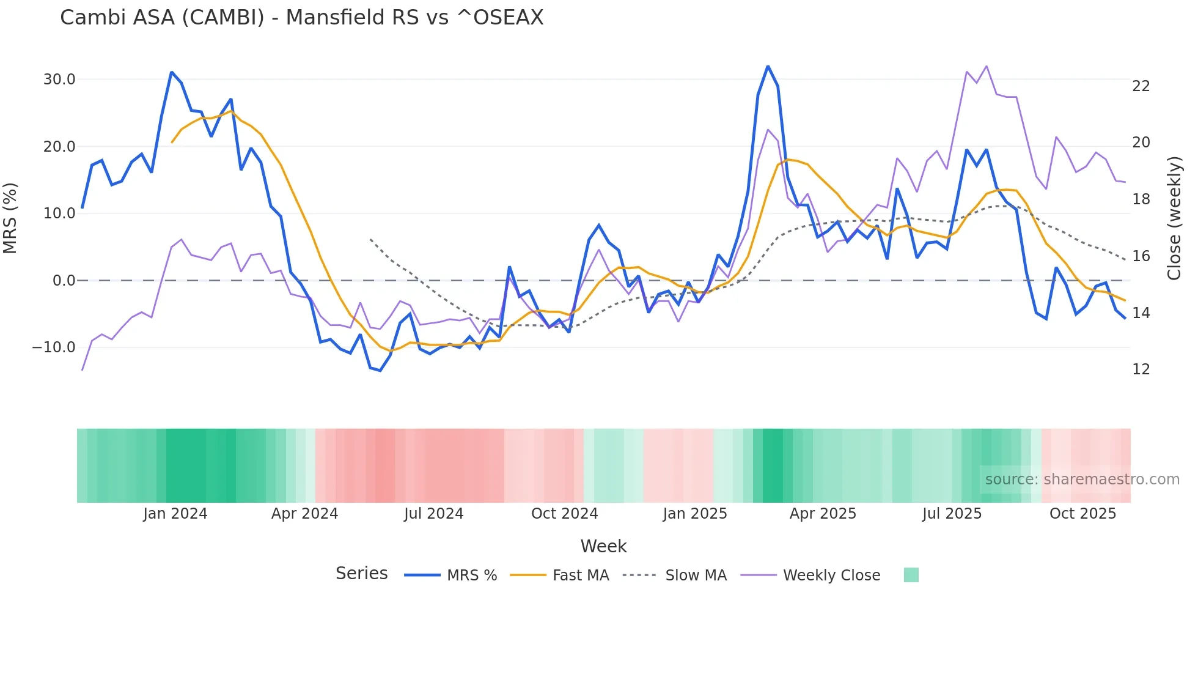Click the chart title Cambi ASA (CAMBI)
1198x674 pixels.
pos(301,17)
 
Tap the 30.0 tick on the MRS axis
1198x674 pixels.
pos(59,80)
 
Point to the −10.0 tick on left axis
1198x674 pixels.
pos(54,347)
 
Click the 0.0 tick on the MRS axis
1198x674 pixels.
pos(64,281)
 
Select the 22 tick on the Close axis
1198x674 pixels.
pos(1141,86)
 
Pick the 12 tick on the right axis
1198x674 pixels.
pos(1141,369)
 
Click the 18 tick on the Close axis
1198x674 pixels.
pos(1141,199)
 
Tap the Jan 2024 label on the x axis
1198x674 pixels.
pos(175,514)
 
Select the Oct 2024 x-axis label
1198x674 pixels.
pos(564,514)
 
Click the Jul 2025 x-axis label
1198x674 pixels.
pos(952,514)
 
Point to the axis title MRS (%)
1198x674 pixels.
pos(10,218)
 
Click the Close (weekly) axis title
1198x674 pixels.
pos(1174,218)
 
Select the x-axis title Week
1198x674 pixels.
pos(603,546)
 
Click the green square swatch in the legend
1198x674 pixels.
pos(911,575)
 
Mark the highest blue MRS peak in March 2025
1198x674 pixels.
pos(768,67)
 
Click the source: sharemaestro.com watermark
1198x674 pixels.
pos(1082,480)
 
